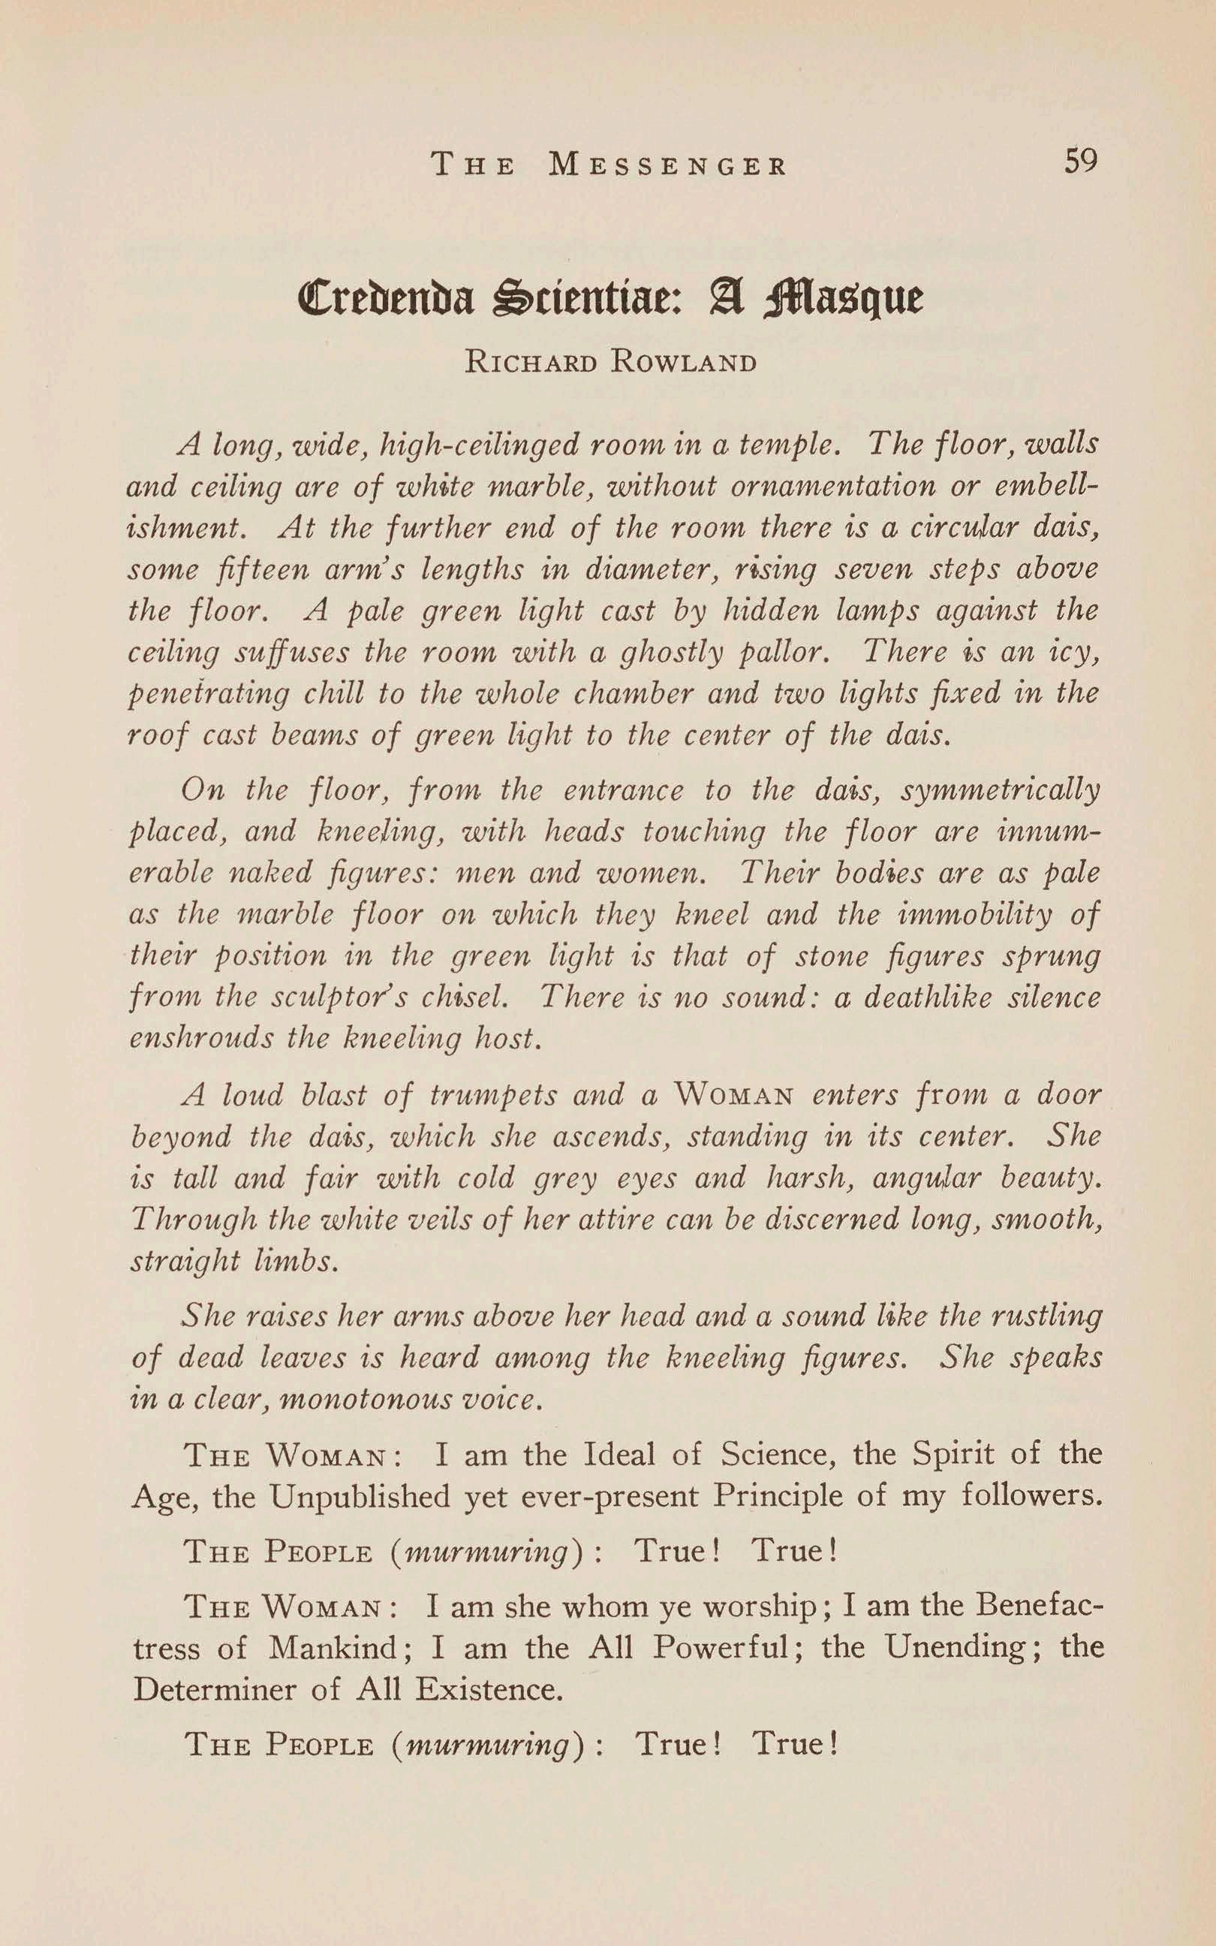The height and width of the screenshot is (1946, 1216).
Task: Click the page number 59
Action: pos(1080,161)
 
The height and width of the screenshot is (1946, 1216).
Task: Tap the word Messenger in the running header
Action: pos(668,165)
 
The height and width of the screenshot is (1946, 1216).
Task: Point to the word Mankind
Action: pos(335,1648)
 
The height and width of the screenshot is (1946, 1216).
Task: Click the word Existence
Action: pos(489,1688)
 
